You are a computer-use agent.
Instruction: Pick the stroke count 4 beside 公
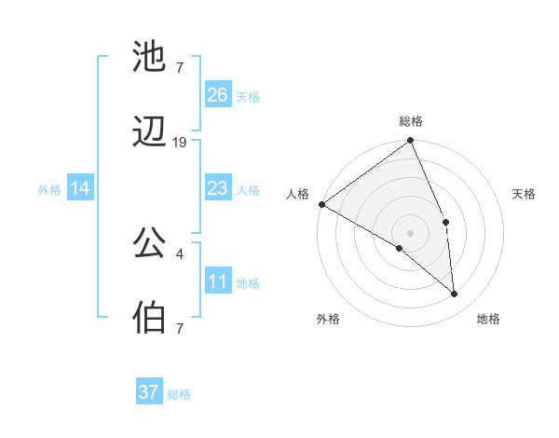(x=179, y=253)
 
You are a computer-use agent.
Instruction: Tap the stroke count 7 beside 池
(x=179, y=68)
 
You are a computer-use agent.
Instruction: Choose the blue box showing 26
(x=218, y=94)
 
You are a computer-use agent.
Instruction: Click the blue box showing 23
(x=218, y=189)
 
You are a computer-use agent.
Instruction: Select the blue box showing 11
(x=218, y=281)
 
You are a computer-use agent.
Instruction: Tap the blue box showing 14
(x=80, y=189)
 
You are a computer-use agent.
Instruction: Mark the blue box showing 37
(x=149, y=392)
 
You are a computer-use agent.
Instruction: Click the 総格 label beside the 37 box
(x=180, y=394)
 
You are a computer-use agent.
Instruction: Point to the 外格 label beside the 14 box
(x=49, y=190)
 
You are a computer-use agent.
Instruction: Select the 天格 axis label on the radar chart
(x=524, y=194)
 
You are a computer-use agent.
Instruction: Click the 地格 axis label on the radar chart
(x=488, y=320)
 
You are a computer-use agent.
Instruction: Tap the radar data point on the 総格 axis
(x=410, y=142)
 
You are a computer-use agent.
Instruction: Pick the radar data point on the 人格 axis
(x=321, y=204)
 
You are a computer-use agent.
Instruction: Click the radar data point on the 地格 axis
(x=455, y=294)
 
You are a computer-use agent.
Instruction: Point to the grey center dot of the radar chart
(x=410, y=232)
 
